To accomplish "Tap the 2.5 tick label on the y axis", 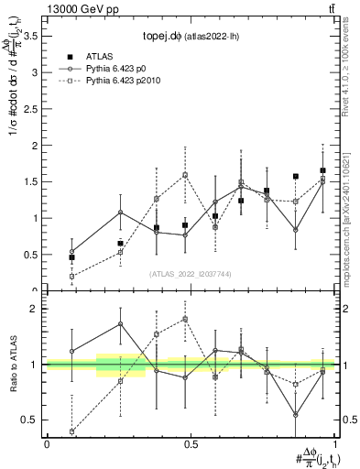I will (34, 109).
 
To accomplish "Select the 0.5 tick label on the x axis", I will (191, 444).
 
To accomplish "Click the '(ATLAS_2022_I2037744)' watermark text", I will (190, 274).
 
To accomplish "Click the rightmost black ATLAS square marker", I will (322, 170).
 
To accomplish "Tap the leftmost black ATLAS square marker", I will (72, 257).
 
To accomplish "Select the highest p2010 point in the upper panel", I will (184, 174).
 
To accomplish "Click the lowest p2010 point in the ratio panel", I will (72, 431).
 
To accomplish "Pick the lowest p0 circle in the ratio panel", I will (296, 415).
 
